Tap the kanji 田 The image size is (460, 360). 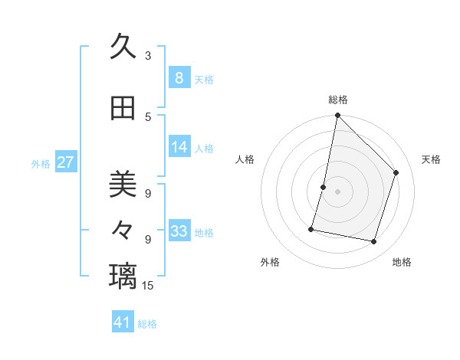(123, 109)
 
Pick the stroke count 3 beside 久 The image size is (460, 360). (148, 55)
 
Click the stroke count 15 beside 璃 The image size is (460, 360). (149, 286)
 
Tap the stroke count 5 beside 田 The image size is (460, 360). (148, 116)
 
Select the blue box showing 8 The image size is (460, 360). (179, 78)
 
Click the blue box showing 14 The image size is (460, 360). (179, 147)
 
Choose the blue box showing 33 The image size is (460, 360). (179, 231)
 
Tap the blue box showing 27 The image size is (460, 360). (66, 162)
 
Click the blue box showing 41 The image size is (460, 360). (123, 322)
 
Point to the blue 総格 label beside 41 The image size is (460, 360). (147, 324)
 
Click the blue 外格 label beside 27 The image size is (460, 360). (41, 163)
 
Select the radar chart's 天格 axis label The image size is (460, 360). (431, 159)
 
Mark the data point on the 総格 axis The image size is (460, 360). (337, 115)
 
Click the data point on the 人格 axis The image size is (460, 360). (324, 187)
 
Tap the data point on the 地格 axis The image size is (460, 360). (373, 242)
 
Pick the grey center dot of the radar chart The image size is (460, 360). (337, 191)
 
